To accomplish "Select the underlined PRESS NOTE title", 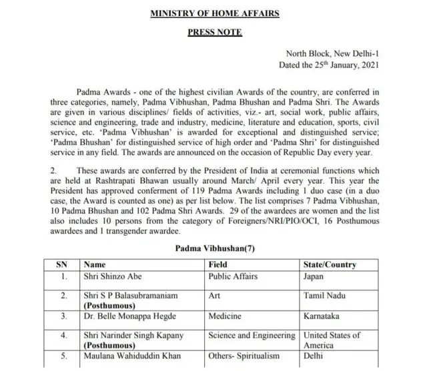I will tap(214, 32).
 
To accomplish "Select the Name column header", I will tap(94, 264).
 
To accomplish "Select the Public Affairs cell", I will tap(234, 276).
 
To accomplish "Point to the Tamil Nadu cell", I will tap(323, 295).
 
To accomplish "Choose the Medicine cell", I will tap(226, 316).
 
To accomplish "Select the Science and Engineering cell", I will tap(252, 336).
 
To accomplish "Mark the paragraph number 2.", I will tap(53, 171).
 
